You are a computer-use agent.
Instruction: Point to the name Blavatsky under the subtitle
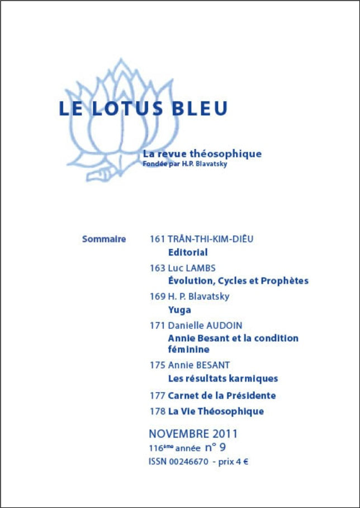pyautogui.click(x=210, y=164)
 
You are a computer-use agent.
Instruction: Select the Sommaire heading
pyautogui.click(x=104, y=239)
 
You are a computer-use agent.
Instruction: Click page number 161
pyautogui.click(x=157, y=239)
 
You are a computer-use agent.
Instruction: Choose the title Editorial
pyautogui.click(x=188, y=252)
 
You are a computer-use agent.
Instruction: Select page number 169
pyautogui.click(x=157, y=296)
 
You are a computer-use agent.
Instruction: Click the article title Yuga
pyautogui.click(x=179, y=309)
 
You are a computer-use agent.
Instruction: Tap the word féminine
pyautogui.click(x=189, y=350)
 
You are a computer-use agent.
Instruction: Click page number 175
pyautogui.click(x=157, y=365)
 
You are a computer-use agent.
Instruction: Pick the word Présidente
pyautogui.click(x=250, y=396)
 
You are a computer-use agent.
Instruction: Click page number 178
pyautogui.click(x=157, y=411)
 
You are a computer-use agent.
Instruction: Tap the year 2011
pyautogui.click(x=224, y=434)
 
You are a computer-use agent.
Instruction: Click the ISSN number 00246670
pyautogui.click(x=187, y=462)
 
